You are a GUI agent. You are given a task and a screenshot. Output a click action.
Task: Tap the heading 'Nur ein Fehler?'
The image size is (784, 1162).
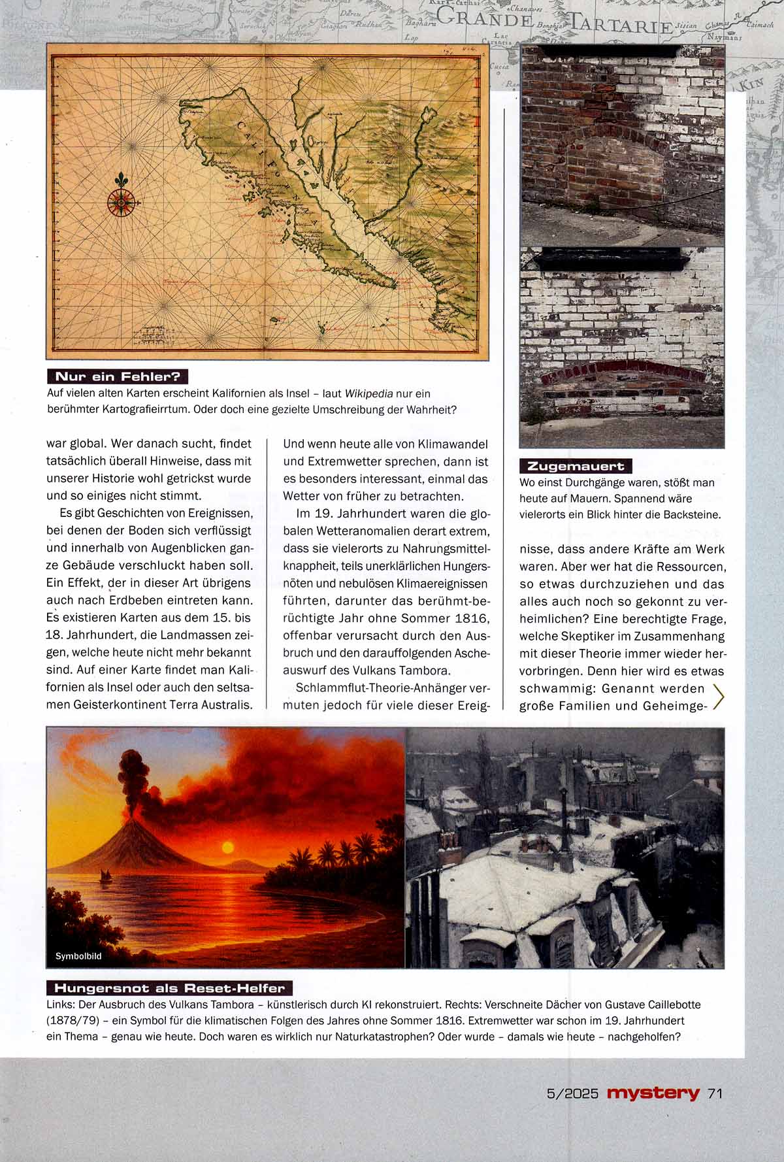click(118, 376)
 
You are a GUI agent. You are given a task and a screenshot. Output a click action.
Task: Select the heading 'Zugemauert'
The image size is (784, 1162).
click(576, 466)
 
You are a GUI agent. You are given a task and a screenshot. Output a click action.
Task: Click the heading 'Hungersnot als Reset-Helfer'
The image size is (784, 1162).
click(170, 988)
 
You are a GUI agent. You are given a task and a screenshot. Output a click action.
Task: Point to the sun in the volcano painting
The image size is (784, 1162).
click(227, 847)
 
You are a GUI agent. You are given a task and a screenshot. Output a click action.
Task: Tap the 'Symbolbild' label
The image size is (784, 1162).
click(78, 956)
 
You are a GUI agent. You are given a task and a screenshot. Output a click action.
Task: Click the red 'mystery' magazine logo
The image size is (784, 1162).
click(653, 1093)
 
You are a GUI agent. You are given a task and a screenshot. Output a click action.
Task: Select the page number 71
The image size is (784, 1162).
click(715, 1093)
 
